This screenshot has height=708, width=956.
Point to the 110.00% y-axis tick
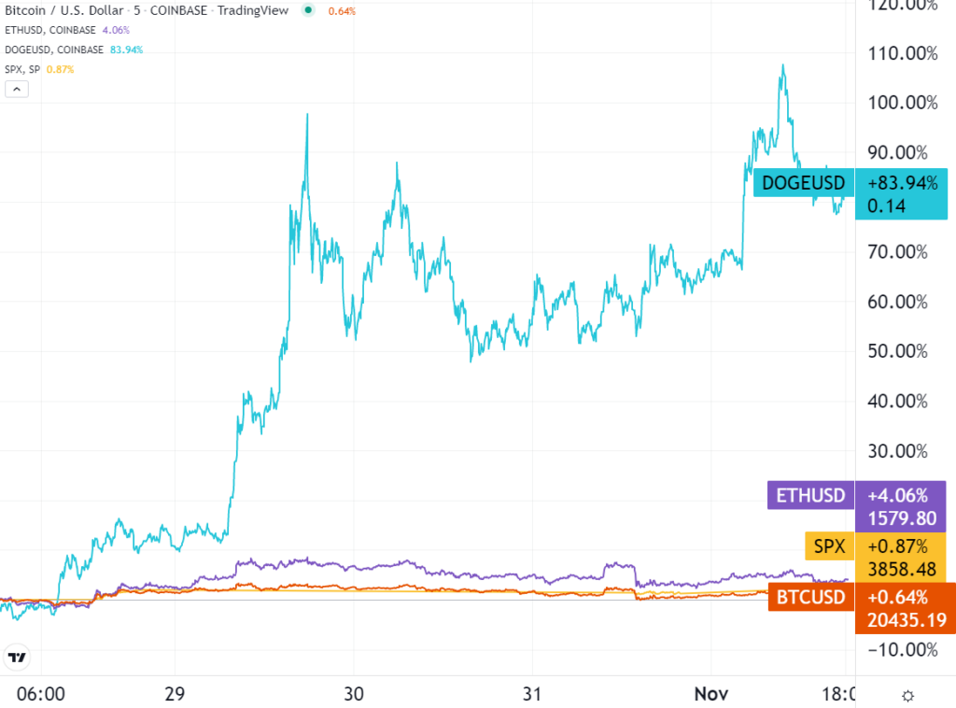pos(897,53)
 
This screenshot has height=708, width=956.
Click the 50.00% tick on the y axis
pos(897,351)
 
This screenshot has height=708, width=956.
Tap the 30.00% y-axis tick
pos(897,451)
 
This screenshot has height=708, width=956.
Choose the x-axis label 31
pos(531,695)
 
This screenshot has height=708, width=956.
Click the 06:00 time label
pos(41,695)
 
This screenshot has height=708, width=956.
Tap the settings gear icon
pos(907,695)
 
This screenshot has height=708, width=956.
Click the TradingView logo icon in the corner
pos(16,657)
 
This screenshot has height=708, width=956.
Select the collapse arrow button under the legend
pos(17,90)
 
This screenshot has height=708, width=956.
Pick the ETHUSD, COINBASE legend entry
pos(51,30)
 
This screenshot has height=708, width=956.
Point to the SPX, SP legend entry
pos(26,69)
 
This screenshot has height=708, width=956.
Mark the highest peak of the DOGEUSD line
pos(783,66)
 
